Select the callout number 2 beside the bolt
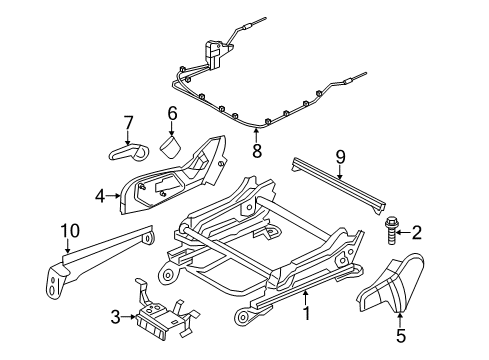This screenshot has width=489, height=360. pyautogui.click(x=418, y=261)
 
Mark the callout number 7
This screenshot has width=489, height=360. pyautogui.click(x=127, y=123)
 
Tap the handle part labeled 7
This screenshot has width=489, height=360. pyautogui.click(x=127, y=152)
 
